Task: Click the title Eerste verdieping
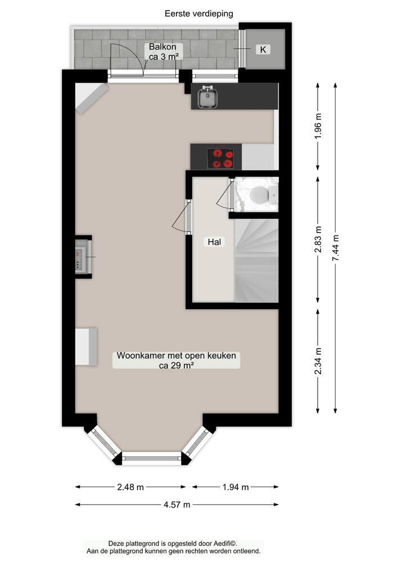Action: click(x=199, y=13)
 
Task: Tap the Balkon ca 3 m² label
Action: click(x=163, y=51)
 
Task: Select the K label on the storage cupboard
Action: click(x=263, y=49)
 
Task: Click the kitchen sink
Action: click(x=208, y=98)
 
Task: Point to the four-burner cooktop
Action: click(x=220, y=157)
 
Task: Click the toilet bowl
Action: click(x=259, y=195)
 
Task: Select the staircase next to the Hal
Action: click(x=256, y=259)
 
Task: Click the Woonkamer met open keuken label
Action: click(x=177, y=356)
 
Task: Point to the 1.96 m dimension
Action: click(x=318, y=130)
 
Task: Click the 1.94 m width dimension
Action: click(x=236, y=487)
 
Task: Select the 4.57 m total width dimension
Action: click(x=177, y=504)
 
